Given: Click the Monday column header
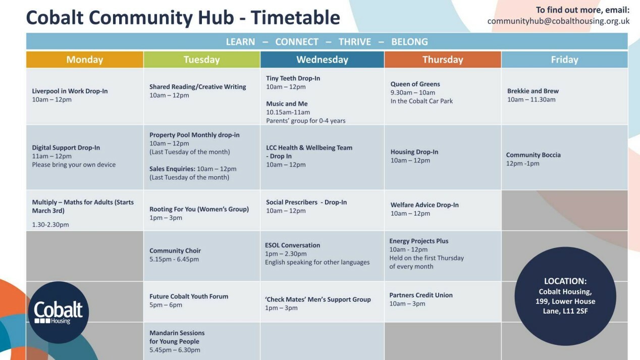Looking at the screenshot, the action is point(85,60).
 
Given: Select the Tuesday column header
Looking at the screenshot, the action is point(202,60).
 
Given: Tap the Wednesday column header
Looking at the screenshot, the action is point(322,60).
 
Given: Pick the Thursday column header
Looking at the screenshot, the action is point(443,60).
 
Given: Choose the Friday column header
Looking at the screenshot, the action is point(565,60).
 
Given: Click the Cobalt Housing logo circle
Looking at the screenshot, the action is point(58,312).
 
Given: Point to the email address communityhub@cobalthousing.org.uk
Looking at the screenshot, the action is point(558,21).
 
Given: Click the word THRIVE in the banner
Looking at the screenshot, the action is point(354,42).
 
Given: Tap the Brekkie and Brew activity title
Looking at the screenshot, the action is point(533,91).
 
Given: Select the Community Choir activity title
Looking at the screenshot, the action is point(175,250).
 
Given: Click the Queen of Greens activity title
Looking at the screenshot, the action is point(415,84).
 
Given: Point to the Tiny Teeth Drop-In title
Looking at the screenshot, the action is point(293,78).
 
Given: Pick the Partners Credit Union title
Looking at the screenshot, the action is point(421,295).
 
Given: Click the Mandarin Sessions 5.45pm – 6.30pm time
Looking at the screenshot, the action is point(175,350).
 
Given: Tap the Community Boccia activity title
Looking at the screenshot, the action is point(533,155).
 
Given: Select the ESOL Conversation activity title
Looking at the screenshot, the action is point(292,245).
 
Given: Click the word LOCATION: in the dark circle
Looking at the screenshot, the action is point(565,281).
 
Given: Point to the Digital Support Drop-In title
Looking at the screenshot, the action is point(66,148).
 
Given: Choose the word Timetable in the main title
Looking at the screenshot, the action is point(295,18).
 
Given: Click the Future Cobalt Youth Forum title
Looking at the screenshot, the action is point(189,296).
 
